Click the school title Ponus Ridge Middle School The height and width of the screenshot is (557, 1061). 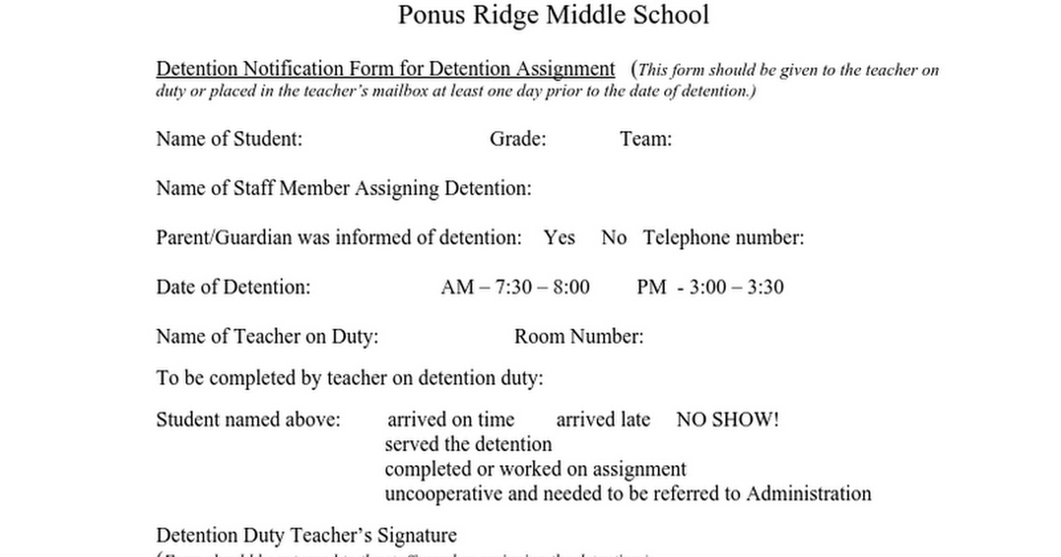(x=553, y=15)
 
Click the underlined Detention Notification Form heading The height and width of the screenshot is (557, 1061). (x=385, y=69)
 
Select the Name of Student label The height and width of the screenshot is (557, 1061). (x=229, y=139)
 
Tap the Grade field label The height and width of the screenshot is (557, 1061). (x=517, y=139)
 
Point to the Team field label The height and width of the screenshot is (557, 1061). (x=645, y=139)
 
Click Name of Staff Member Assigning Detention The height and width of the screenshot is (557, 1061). (x=344, y=188)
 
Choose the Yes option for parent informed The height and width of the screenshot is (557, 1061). (x=559, y=238)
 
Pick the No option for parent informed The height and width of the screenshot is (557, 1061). (x=614, y=238)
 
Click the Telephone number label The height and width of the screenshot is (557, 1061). (x=723, y=238)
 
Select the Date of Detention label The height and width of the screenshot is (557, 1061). (x=233, y=287)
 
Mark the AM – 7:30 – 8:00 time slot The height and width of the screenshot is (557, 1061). (x=515, y=287)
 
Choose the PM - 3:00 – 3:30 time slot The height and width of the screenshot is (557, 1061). (x=709, y=287)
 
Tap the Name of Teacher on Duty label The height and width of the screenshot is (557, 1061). (x=267, y=337)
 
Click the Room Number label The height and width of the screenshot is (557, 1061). (x=578, y=337)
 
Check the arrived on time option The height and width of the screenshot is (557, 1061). (x=450, y=419)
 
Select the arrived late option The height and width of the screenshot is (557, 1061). (x=602, y=419)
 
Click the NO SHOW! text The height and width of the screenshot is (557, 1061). (x=728, y=419)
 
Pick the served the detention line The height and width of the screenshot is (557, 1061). (x=469, y=444)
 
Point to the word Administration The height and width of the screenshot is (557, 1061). (x=808, y=493)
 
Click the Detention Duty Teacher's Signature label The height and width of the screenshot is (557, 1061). (x=306, y=536)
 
